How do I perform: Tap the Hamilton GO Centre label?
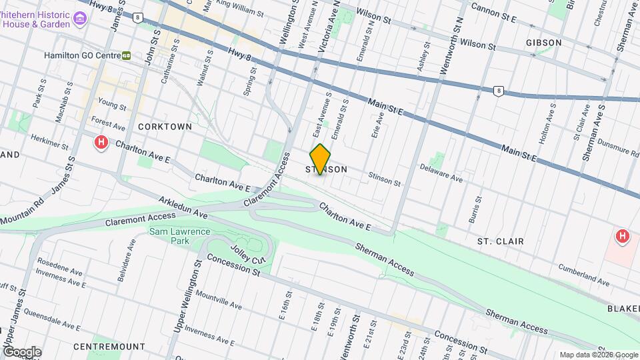click(x=81, y=56)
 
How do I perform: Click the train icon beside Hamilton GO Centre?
click(x=126, y=56)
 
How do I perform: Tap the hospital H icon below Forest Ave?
click(x=101, y=142)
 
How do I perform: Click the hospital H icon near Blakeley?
click(x=622, y=236)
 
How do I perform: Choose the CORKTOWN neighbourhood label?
click(x=165, y=127)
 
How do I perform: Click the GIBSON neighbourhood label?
click(x=543, y=43)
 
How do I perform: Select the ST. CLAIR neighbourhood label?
click(x=500, y=241)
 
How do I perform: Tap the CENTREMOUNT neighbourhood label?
click(x=109, y=347)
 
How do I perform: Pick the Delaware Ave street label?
click(x=441, y=178)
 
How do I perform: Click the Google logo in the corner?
click(x=22, y=351)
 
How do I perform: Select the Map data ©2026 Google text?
click(x=598, y=355)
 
